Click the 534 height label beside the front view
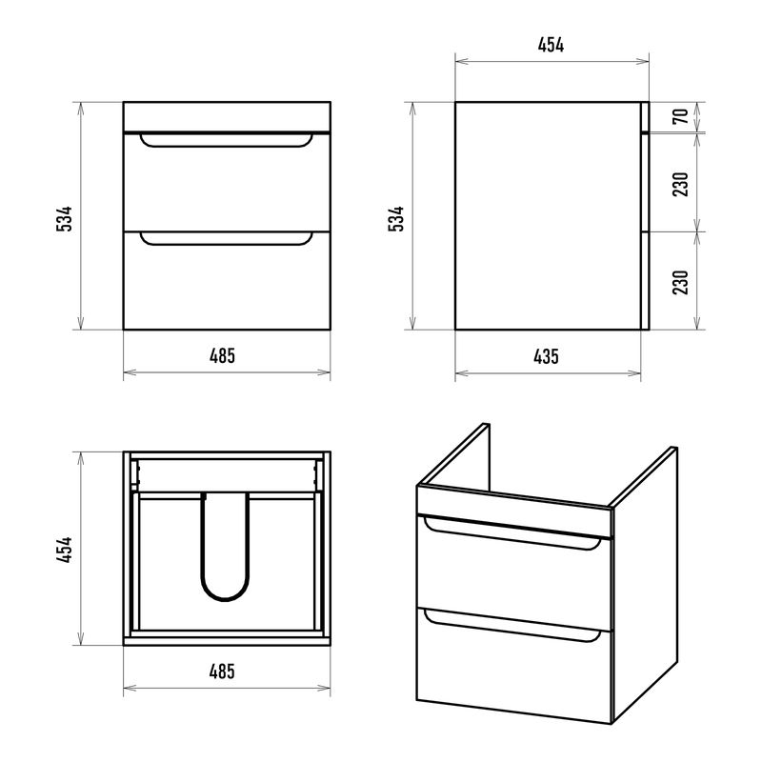click(x=64, y=219)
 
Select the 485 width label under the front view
click(x=223, y=355)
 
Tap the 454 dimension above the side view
click(x=551, y=45)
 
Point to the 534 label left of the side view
click(x=396, y=219)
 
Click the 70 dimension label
click(x=681, y=116)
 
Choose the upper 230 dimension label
click(x=681, y=184)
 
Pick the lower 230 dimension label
click(x=681, y=282)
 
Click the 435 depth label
click(x=546, y=356)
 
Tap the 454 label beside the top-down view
click(x=64, y=550)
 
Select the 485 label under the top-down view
click(x=222, y=672)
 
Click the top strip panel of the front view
click(x=227, y=116)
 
